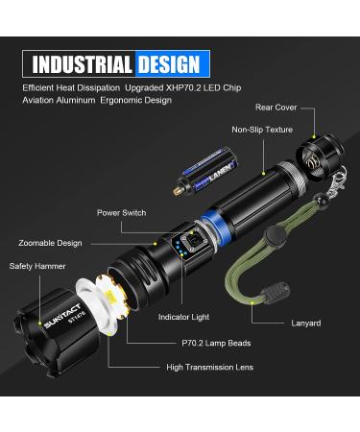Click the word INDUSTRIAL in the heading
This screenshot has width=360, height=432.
[x=83, y=65]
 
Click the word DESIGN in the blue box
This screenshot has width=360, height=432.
[x=168, y=65]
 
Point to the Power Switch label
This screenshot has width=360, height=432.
[x=121, y=212]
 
